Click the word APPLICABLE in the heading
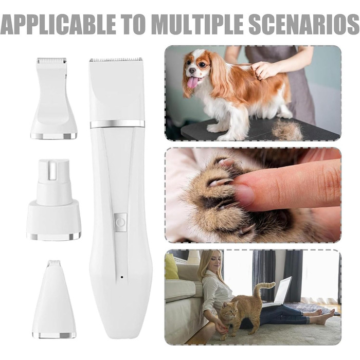coord(58,24)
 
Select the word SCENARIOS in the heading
coord(304,24)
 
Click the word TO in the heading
coord(134,24)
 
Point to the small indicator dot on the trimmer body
coord(122,277)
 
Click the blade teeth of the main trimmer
coord(116,60)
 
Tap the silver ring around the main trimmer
coord(117,124)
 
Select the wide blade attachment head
coord(53,98)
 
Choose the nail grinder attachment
coord(53,200)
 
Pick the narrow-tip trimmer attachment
coord(54,299)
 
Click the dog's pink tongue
coord(192,83)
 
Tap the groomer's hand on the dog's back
coord(264,69)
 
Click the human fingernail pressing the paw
coord(244,195)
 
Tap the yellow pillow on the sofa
coord(171,266)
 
